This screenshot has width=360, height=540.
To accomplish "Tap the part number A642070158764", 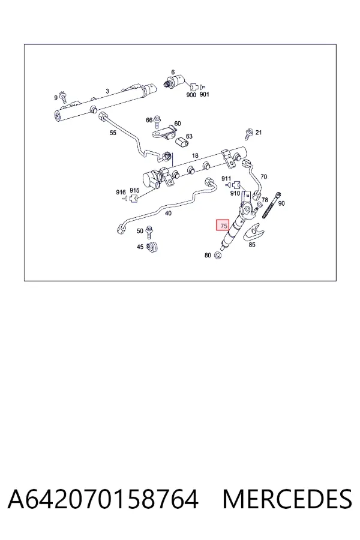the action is pos(103,499).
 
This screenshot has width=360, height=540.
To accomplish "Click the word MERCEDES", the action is pos(287,499).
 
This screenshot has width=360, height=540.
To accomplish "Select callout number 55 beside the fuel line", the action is pos(113,133).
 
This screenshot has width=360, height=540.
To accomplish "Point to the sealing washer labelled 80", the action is pos(218,255).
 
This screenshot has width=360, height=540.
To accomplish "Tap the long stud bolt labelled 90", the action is pos(271,205).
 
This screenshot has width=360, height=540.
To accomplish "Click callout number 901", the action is pos(204,94).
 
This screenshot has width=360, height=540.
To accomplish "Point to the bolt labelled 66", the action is pos(157,121).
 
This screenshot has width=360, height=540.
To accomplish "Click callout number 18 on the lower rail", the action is pos(195,155).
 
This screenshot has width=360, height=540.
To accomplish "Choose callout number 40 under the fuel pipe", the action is pos(168,213).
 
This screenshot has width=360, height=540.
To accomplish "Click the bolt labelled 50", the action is pos(149,232).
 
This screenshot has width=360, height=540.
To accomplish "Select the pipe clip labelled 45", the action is pos(152,247).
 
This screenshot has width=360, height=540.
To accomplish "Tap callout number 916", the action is pos(121,192).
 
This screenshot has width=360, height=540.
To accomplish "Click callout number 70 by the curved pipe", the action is pos(263,176).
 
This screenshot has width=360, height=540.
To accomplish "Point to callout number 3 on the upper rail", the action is pos(107,91).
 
